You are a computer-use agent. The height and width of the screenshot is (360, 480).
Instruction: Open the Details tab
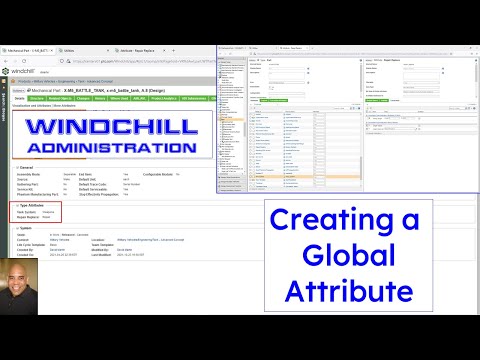[x=19, y=99]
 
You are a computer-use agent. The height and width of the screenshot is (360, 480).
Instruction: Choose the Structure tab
[x=36, y=99]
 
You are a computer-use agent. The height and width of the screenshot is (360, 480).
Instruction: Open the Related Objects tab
[x=62, y=99]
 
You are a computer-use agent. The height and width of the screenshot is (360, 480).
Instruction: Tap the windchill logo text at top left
[x=22, y=72]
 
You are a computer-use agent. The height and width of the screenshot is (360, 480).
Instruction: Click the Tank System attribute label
[x=29, y=239]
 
